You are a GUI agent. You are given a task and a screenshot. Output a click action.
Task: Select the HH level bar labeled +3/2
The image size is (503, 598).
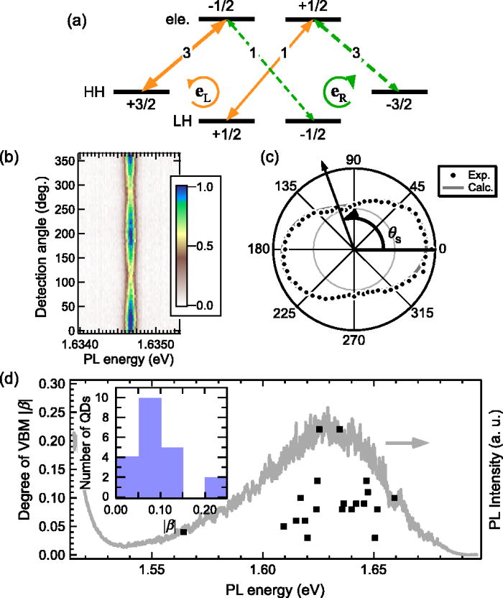(141, 92)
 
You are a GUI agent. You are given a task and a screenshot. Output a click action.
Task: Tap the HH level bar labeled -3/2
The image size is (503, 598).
(399, 92)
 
